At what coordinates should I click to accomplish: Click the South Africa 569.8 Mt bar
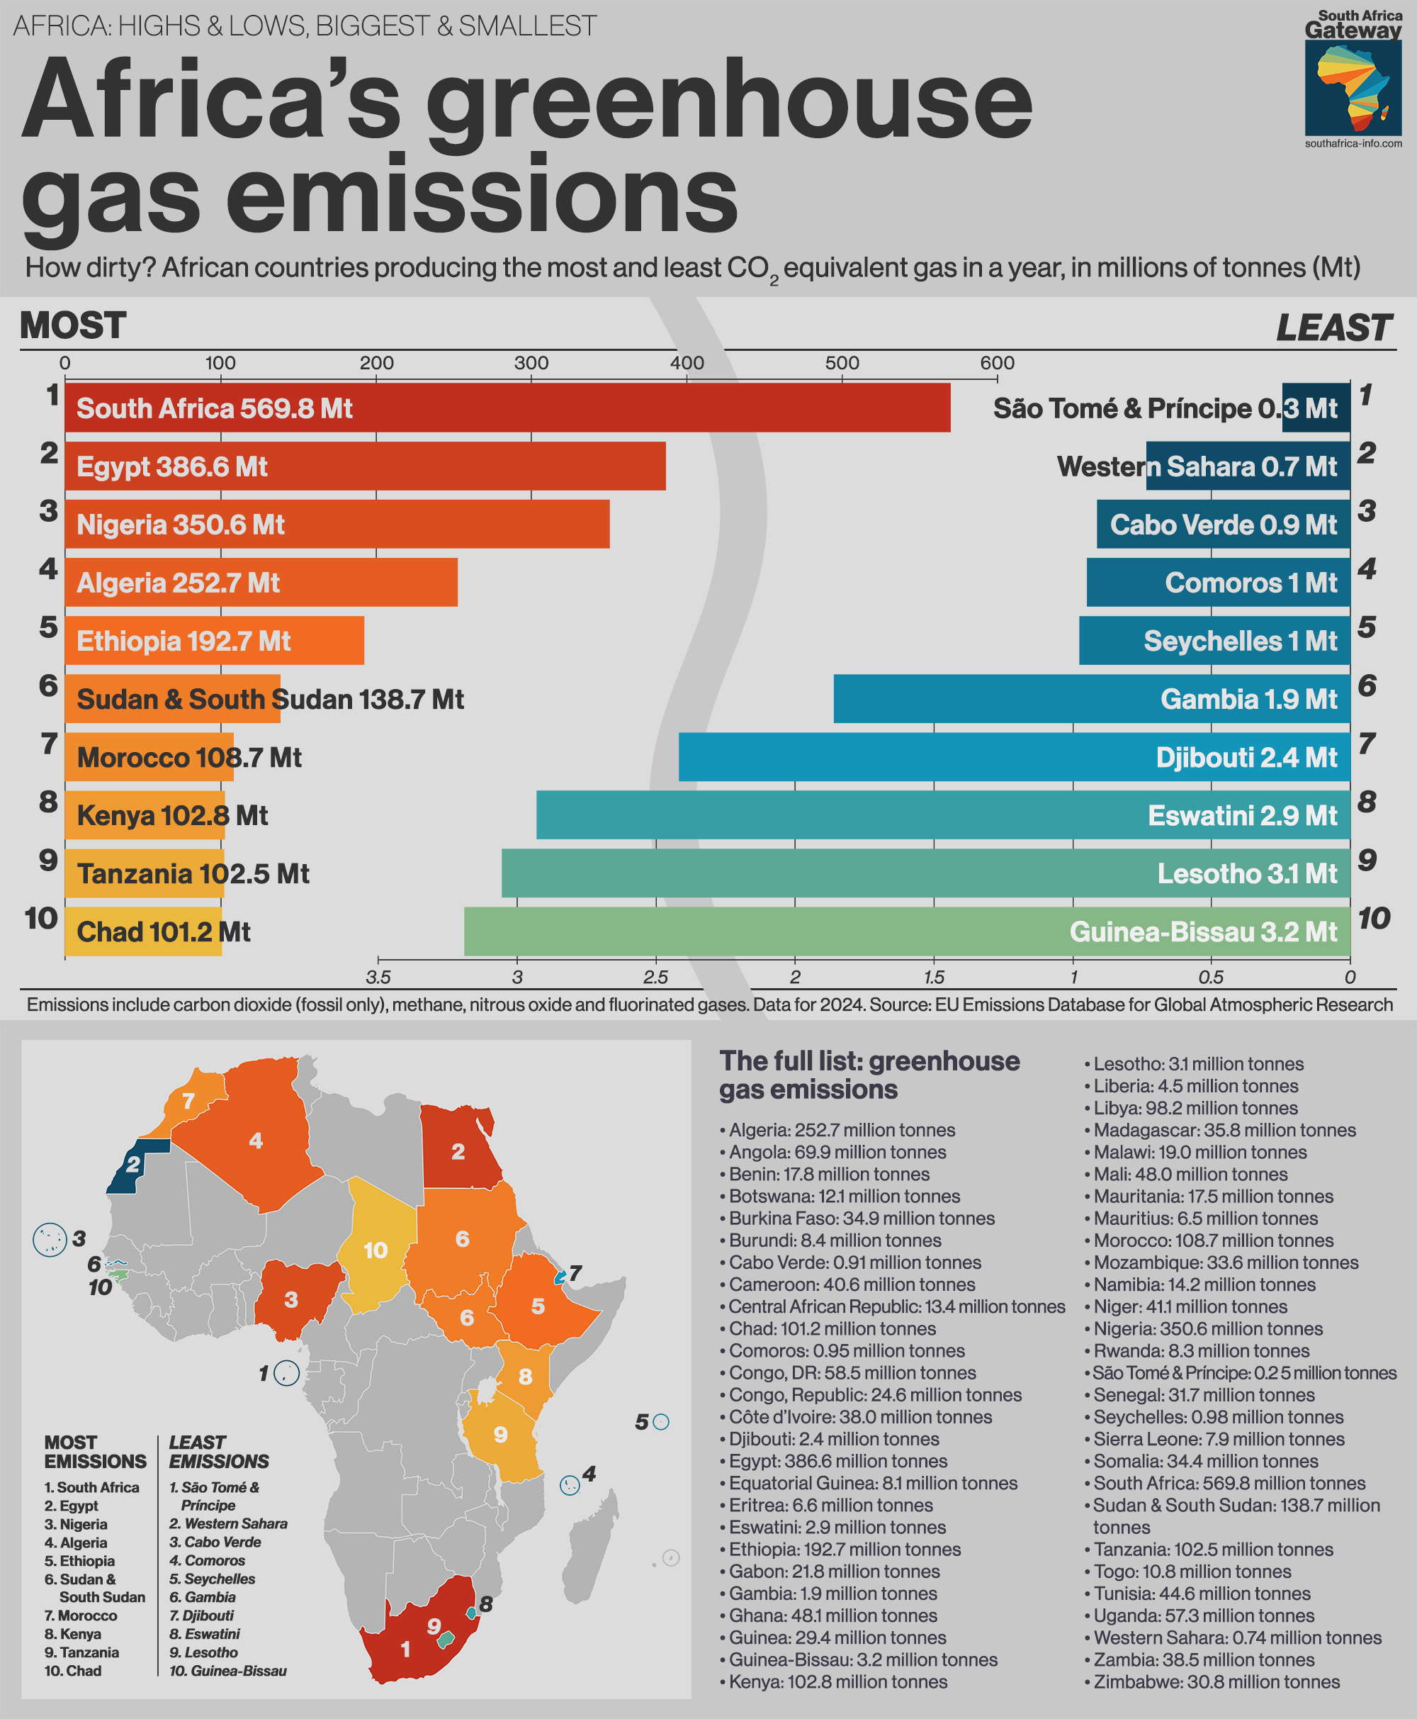[x=506, y=408]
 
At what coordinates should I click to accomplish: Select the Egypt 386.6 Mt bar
[x=365, y=466]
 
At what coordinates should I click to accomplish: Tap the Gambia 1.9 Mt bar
[x=1091, y=699]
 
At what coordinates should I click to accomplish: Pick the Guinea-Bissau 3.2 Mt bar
[x=906, y=931]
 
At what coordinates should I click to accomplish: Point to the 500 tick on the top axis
[x=842, y=364]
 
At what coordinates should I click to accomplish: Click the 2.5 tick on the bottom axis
[x=655, y=978]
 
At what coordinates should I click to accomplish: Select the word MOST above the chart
[x=73, y=326]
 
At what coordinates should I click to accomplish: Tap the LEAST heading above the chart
[x=1333, y=328]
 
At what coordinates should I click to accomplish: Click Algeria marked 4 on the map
[x=256, y=1141]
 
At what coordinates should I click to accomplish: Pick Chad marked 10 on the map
[x=376, y=1250]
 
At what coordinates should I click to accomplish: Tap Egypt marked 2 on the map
[x=458, y=1151]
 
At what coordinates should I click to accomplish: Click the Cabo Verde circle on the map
[x=49, y=1240]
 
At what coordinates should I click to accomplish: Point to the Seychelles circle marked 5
[x=661, y=1422]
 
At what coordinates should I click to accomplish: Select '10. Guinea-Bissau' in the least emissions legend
[x=227, y=1671]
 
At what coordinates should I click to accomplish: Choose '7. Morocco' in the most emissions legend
[x=81, y=1616]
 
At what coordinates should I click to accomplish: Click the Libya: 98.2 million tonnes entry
[x=1195, y=1108]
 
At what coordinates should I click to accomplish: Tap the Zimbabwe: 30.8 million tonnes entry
[x=1216, y=1681]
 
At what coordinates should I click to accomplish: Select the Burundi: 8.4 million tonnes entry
[x=834, y=1241]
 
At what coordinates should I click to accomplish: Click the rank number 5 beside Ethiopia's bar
[x=49, y=627]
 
